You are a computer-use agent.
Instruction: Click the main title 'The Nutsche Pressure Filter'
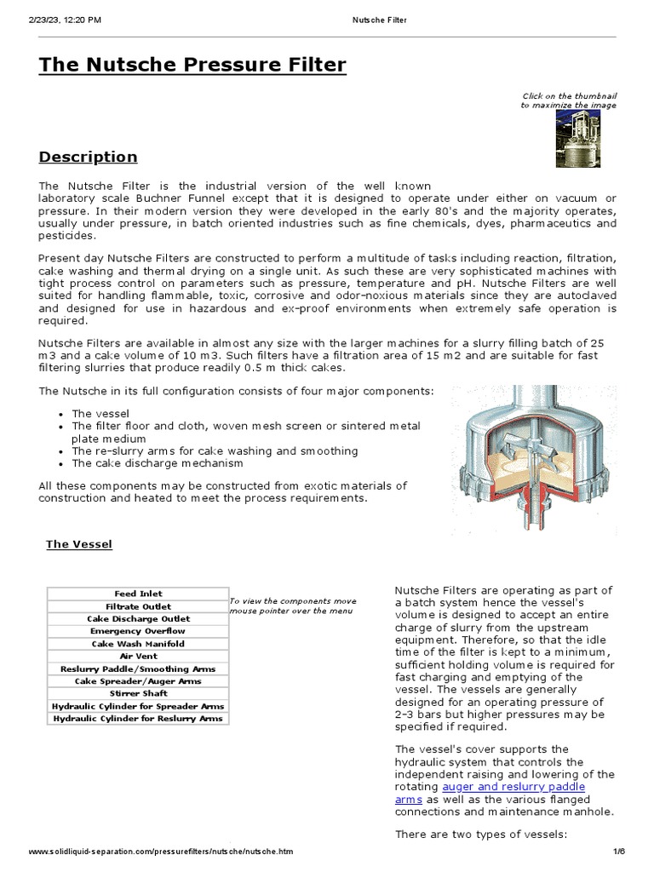point(192,66)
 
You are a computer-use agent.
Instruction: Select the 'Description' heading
point(88,157)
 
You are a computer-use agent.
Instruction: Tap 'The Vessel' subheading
point(78,544)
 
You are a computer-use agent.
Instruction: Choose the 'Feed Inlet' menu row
point(138,594)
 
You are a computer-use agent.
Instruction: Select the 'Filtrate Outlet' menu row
point(138,606)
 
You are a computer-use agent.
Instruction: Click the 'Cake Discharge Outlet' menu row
point(138,619)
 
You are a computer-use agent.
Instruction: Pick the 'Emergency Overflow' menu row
point(138,631)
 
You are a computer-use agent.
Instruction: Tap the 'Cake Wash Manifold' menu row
point(138,644)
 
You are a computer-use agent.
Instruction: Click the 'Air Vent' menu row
point(138,657)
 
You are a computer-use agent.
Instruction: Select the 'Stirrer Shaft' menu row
point(138,694)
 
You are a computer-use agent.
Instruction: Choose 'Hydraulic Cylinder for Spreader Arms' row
point(138,707)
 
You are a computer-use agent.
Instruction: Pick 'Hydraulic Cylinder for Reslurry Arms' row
point(138,719)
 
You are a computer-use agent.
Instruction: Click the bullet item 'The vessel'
point(100,413)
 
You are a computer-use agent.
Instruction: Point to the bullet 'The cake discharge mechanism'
point(158,463)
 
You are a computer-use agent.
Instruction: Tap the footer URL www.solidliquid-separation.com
point(161,852)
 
